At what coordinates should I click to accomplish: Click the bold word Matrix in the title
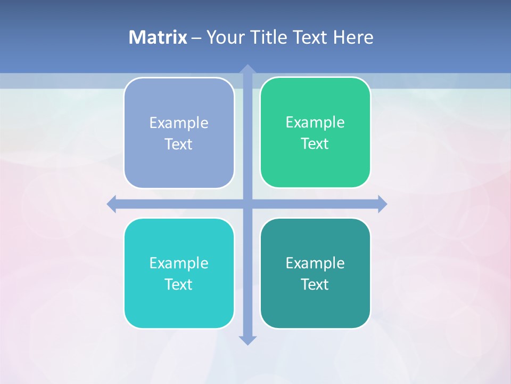(158, 37)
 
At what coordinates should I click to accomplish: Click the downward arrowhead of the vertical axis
(247, 340)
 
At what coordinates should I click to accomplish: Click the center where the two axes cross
(247, 204)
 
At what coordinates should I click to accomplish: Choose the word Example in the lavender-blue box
(179, 123)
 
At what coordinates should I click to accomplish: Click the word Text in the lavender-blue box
(179, 145)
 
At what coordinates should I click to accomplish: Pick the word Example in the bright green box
(315, 123)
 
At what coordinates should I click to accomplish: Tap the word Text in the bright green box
(315, 144)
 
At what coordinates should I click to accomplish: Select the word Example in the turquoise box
(179, 263)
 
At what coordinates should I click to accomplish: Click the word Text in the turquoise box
(179, 285)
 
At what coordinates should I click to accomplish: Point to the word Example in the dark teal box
(315, 263)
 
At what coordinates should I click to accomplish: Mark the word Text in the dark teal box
(315, 285)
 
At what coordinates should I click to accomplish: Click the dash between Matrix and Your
(196, 38)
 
